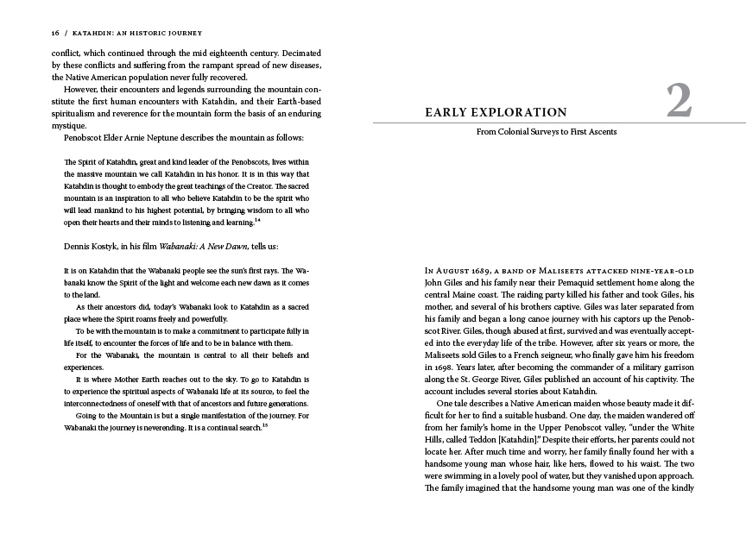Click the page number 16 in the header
click(x=54, y=33)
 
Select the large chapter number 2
click(x=679, y=103)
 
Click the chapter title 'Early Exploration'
click(x=496, y=112)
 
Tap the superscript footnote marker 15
click(x=265, y=425)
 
